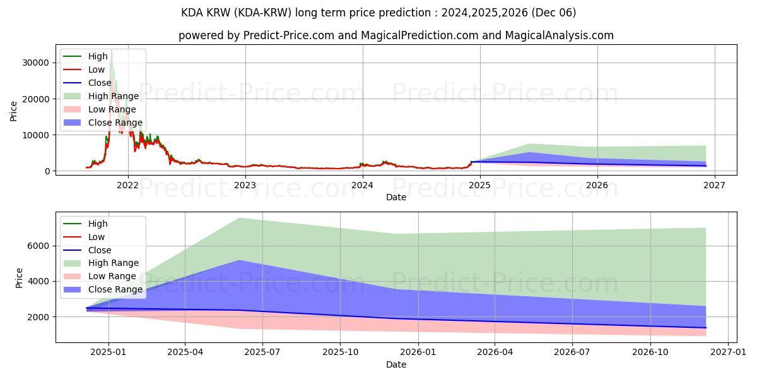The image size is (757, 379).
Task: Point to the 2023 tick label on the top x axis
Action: (245, 185)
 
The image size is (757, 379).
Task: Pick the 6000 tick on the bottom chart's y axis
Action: (37, 246)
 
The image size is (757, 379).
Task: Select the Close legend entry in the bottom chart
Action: (100, 250)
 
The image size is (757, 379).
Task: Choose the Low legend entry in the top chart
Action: (97, 69)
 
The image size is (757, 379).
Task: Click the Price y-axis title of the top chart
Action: (14, 111)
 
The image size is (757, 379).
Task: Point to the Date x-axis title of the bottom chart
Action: (397, 364)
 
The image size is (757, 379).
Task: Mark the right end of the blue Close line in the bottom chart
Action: (705, 328)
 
